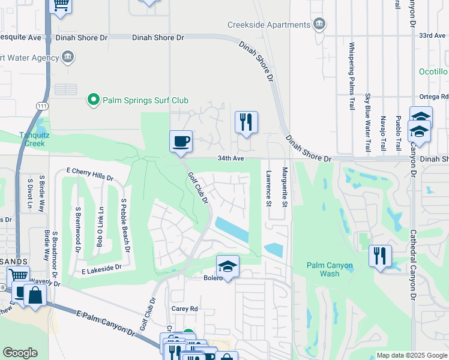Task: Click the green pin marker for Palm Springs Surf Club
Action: click(93, 100)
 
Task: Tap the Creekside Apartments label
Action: click(269, 25)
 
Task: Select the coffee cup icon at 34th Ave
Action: click(181, 142)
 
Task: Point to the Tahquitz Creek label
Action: click(32, 139)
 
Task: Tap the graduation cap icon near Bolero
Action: click(228, 266)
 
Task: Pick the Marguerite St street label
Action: click(285, 188)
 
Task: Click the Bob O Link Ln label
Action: click(100, 226)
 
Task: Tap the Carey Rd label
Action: click(185, 309)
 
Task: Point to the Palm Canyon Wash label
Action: click(330, 269)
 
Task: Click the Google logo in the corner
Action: click(20, 353)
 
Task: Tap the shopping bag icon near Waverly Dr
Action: click(35, 296)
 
